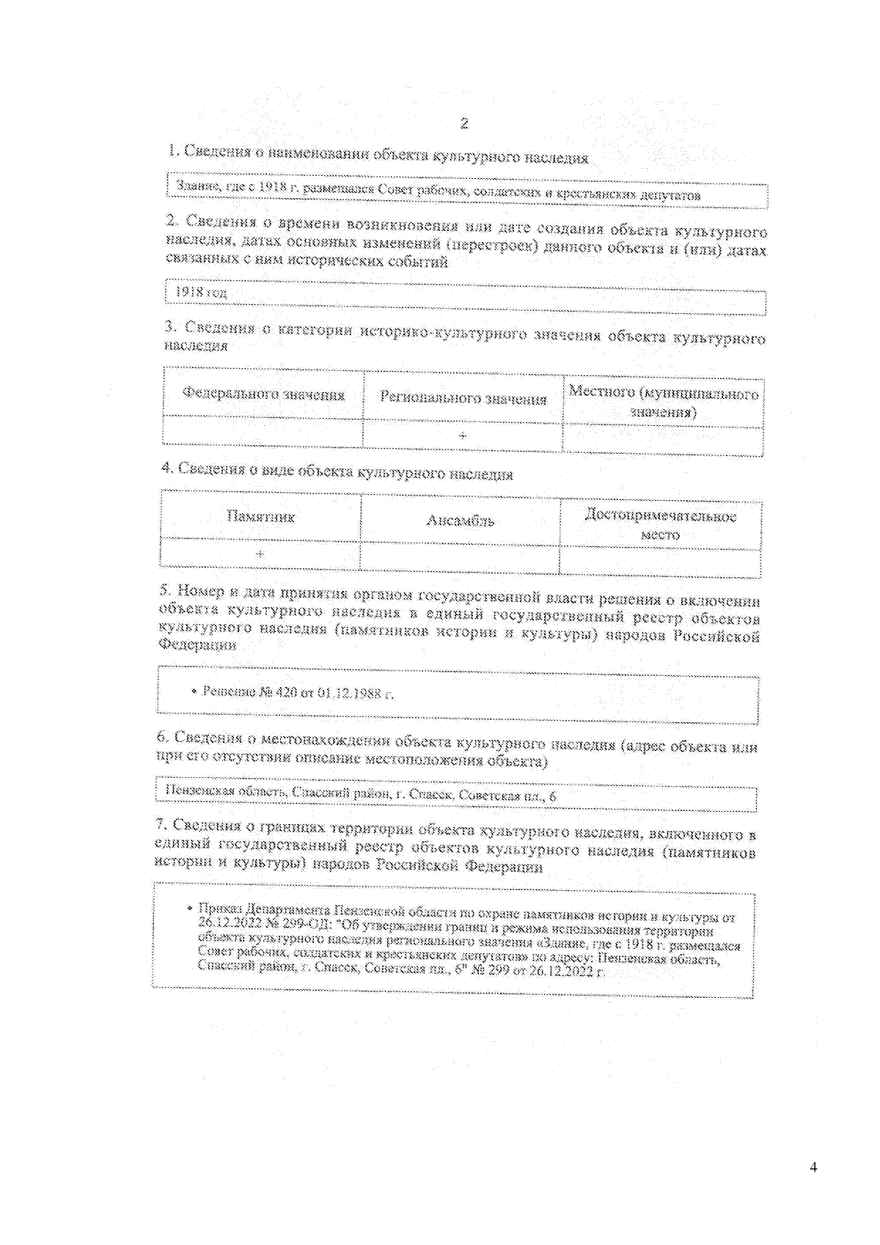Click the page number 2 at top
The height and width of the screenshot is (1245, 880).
pos(463,123)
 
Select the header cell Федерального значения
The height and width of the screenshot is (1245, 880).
pos(263,394)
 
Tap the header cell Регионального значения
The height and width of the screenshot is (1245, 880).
pos(463,399)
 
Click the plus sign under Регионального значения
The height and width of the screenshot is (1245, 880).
pos(463,436)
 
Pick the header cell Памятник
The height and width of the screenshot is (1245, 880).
pos(260,517)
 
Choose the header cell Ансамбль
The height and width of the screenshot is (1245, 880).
pos(460,521)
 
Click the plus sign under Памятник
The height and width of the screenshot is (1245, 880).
pos(260,554)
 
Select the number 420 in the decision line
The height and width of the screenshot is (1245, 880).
pos(285,691)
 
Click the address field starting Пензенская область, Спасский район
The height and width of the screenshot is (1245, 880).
pos(359,793)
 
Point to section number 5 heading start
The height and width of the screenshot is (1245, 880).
pos(165,592)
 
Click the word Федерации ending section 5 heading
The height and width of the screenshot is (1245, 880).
pos(197,645)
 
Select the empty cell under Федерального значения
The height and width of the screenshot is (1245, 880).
pos(263,431)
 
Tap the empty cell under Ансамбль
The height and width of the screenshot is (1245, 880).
pos(459,558)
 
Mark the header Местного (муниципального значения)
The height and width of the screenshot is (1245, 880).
pos(663,403)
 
